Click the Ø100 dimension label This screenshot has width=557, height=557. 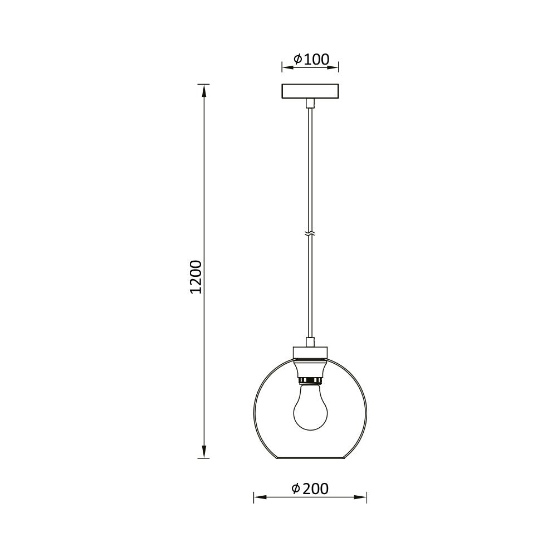pyautogui.click(x=311, y=59)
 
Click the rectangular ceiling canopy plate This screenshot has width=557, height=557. pyautogui.click(x=310, y=91)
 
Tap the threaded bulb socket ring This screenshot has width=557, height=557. pyautogui.click(x=310, y=380)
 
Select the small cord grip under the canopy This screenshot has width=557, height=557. pyautogui.click(x=310, y=103)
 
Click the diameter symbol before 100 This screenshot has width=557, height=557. pyautogui.click(x=297, y=59)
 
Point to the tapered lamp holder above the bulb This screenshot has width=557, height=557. pyautogui.click(x=310, y=368)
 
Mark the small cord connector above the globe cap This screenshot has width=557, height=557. pyautogui.click(x=310, y=341)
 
